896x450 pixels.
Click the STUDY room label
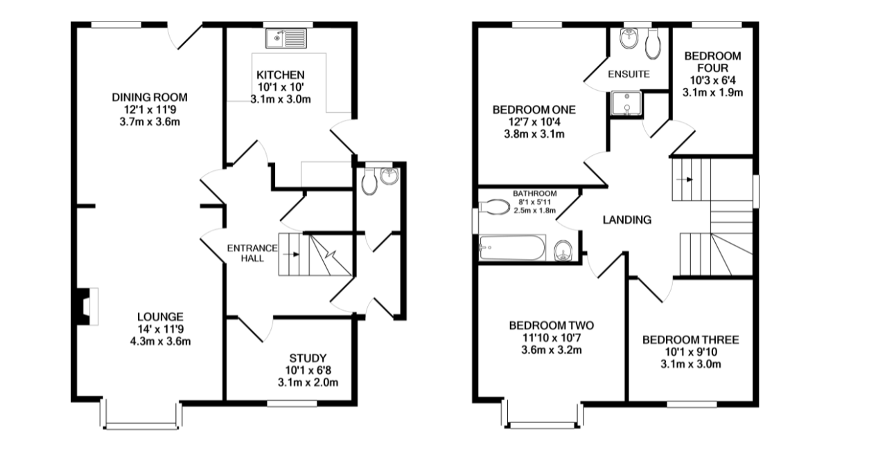click(308, 358)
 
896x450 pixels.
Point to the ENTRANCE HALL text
click(254, 253)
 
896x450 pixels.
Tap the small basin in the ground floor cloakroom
click(390, 176)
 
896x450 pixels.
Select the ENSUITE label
click(629, 74)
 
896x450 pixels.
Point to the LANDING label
click(626, 220)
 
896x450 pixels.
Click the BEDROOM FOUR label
click(712, 62)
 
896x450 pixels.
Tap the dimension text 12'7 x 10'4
click(534, 122)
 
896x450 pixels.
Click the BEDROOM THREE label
click(690, 340)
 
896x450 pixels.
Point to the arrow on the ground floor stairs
click(297, 254)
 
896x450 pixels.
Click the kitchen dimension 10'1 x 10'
click(280, 87)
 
